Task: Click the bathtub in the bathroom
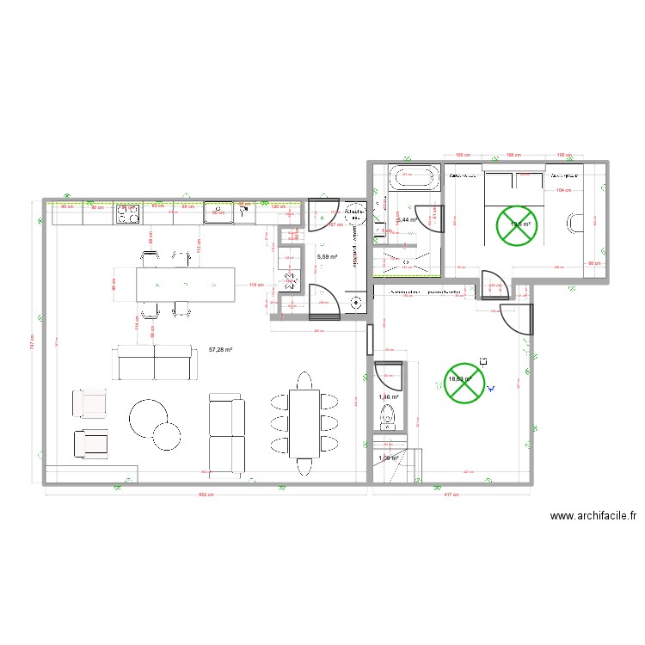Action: click(414, 178)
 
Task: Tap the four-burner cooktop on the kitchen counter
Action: click(128, 213)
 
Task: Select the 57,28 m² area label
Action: click(222, 350)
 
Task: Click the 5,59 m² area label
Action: click(327, 256)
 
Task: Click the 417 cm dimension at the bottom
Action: click(451, 494)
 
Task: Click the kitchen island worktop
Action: click(185, 284)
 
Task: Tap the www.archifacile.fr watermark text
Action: click(593, 517)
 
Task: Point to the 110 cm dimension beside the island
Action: click(255, 285)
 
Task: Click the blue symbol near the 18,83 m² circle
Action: click(491, 388)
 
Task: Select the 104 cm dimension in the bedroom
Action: click(563, 190)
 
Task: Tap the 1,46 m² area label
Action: click(389, 396)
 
